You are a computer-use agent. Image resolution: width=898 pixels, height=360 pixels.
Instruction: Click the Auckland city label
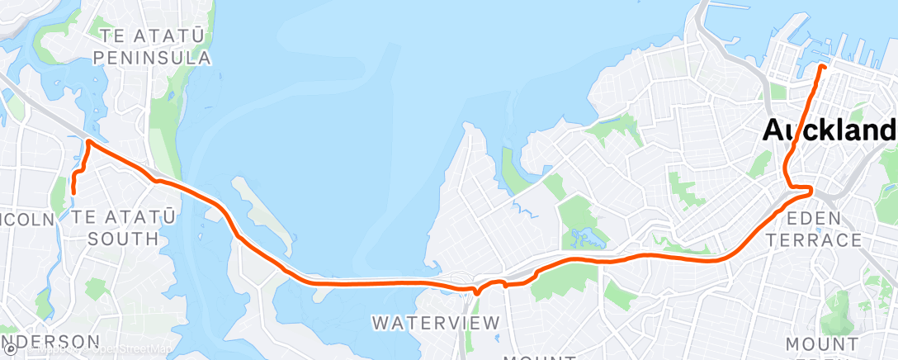829,130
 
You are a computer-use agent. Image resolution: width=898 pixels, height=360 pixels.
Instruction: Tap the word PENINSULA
153,58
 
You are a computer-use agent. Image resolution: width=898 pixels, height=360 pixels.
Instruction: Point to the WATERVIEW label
436,322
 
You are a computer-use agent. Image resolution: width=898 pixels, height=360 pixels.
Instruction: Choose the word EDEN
816,219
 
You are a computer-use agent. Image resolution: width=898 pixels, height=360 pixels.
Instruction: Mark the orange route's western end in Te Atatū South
73,192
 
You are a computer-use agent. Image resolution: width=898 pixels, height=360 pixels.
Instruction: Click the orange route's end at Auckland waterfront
821,65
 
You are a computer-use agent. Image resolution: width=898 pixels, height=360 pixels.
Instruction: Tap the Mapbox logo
10,350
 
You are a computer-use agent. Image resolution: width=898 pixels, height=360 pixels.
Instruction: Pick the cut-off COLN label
26,219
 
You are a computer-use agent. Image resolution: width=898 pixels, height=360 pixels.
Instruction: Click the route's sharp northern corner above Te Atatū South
87,142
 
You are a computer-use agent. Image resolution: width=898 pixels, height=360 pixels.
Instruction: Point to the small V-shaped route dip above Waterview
476,291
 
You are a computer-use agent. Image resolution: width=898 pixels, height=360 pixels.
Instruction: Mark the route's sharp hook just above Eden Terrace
811,191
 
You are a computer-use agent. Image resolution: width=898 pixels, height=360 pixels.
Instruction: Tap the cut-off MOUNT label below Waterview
537,358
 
